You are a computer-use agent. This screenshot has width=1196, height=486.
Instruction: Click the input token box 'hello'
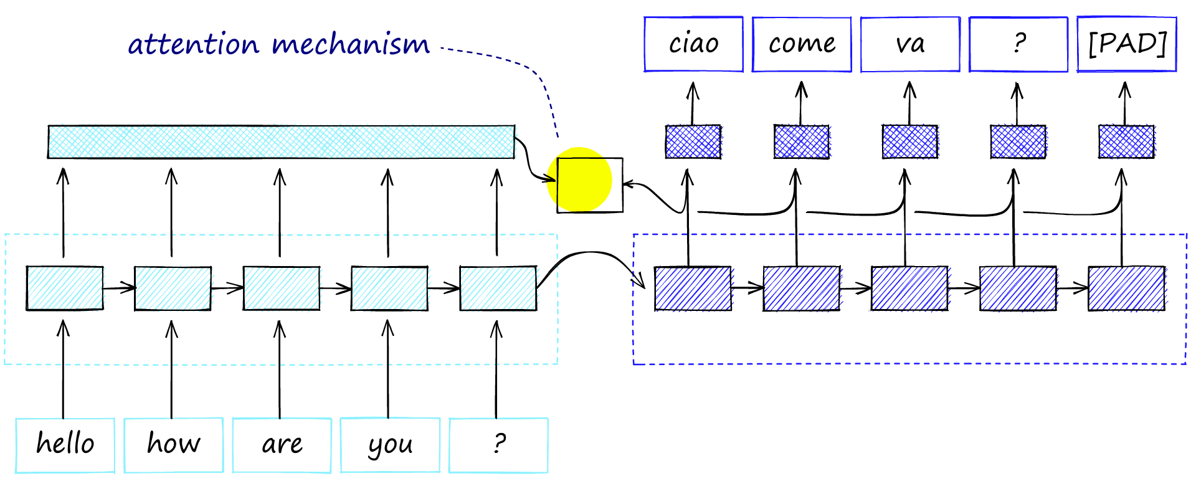pos(65,445)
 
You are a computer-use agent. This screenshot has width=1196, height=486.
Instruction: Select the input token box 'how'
pos(173,445)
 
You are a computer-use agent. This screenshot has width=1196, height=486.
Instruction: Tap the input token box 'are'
pos(282,445)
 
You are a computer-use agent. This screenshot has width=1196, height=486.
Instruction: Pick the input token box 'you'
pos(390,445)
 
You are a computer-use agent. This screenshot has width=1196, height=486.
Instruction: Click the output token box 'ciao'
pos(693,44)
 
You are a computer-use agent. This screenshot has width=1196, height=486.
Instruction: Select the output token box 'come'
pos(802,44)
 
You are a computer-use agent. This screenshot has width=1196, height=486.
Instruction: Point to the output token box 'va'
pos(910,44)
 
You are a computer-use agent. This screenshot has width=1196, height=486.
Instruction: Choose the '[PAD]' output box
pos(1127,44)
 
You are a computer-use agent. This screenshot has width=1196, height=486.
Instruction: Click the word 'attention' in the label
pos(193,45)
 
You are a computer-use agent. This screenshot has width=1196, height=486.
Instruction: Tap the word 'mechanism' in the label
pos(351,45)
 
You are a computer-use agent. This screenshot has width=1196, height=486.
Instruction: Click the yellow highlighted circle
pos(579,179)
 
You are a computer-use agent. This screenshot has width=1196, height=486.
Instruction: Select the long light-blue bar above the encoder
pos(281,142)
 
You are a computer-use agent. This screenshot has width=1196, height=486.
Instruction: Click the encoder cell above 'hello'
pos(65,288)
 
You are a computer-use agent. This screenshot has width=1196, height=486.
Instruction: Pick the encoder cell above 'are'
pos(282,288)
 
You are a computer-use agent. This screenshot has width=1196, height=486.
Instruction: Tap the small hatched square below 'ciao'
pos(693,142)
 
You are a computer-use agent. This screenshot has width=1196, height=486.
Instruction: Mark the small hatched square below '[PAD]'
pos(1126,142)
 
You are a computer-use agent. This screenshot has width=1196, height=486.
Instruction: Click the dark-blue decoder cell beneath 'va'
pos(909,288)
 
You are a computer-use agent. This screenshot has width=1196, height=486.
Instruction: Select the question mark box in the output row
pos(1018,44)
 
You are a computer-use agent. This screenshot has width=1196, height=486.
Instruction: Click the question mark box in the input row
pos(498,445)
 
